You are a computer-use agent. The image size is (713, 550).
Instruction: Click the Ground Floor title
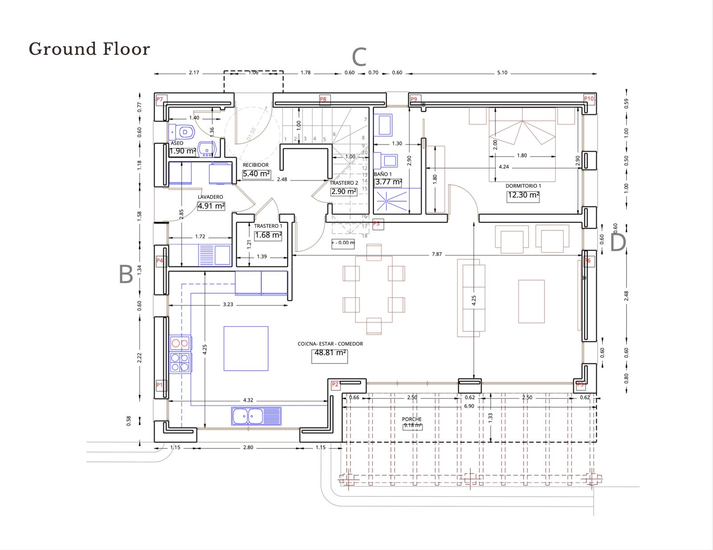tap(89, 49)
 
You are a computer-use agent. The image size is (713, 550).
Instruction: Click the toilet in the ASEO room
tap(184, 132)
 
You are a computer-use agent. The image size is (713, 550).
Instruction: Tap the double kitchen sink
tap(256, 416)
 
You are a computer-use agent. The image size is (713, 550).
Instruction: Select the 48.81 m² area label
tap(330, 353)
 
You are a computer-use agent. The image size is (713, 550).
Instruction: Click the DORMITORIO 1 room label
tap(523, 186)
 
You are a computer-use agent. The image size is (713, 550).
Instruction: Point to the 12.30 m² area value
tap(523, 195)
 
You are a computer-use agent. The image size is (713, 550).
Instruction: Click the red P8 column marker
tap(323, 99)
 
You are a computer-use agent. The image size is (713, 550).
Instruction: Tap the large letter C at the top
tap(359, 57)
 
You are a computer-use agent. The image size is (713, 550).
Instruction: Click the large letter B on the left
tap(126, 275)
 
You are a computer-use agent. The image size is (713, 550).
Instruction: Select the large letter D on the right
tap(618, 243)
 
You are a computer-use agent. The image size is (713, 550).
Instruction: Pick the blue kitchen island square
tap(246, 349)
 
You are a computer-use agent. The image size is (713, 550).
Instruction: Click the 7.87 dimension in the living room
tap(437, 254)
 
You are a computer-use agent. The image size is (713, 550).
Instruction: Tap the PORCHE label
tap(412, 419)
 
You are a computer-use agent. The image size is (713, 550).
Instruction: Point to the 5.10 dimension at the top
tap(502, 73)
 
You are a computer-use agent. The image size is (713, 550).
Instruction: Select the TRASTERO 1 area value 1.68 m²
tap(268, 235)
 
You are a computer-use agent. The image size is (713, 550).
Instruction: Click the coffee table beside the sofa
tap(531, 301)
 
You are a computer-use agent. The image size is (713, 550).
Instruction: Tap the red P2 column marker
tap(335, 385)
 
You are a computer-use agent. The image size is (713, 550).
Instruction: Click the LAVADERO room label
tap(210, 197)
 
